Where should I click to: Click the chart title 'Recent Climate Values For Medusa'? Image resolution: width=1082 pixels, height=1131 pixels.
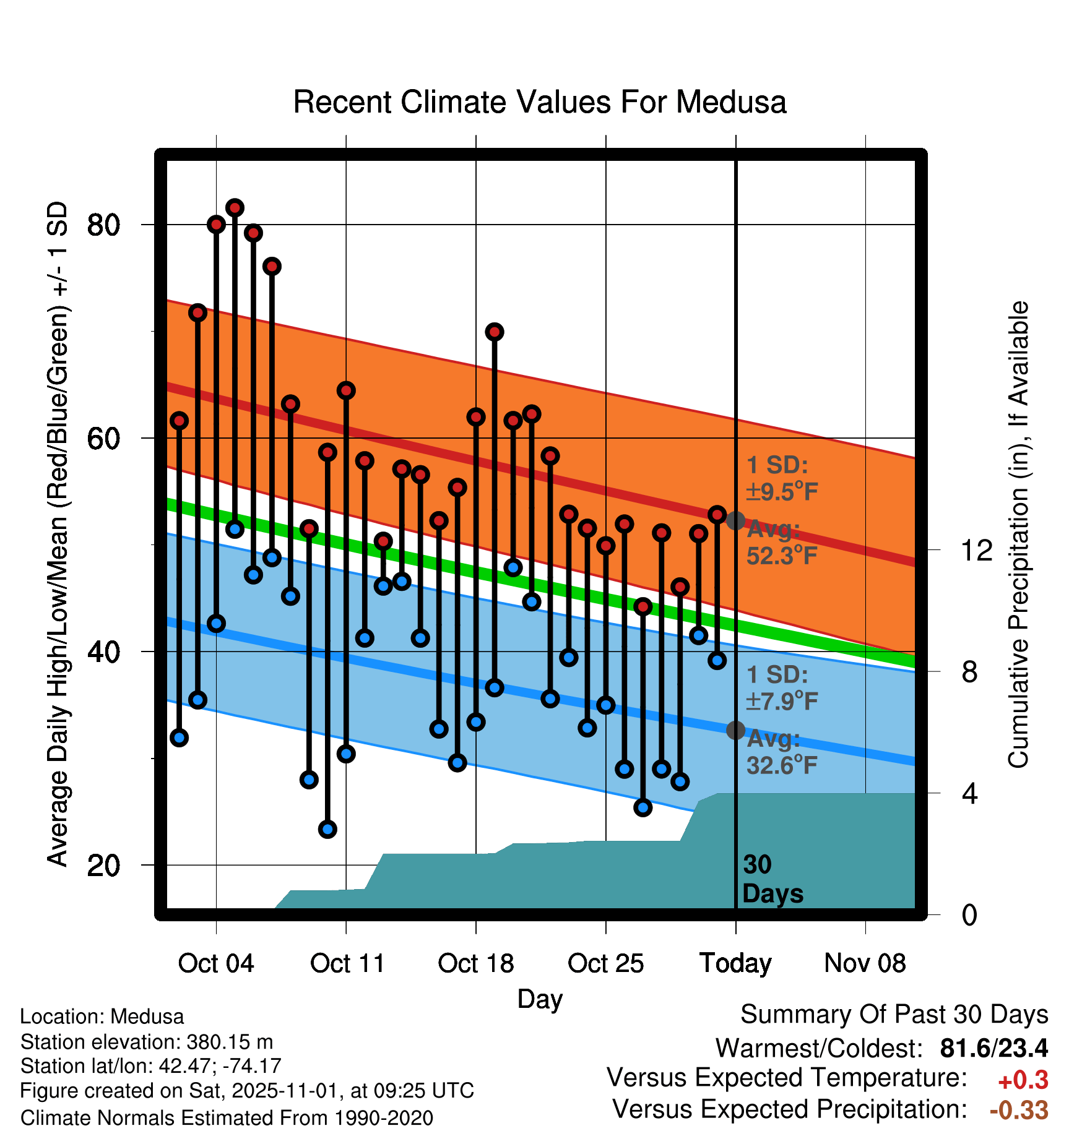540,103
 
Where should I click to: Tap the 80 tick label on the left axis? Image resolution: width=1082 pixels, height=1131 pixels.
103,225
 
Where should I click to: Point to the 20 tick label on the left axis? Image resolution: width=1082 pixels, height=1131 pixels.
103,866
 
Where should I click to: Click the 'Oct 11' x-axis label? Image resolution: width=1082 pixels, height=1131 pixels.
347,963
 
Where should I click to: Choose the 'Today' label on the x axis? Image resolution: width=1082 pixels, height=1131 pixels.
735,963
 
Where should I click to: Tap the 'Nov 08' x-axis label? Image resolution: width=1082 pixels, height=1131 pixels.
865,963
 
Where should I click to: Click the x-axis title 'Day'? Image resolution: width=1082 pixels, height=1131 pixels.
540,999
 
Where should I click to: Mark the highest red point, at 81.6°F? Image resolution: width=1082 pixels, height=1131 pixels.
235,208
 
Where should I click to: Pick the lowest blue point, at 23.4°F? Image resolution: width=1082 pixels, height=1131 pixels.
327,829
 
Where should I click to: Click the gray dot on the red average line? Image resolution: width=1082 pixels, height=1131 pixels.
735,521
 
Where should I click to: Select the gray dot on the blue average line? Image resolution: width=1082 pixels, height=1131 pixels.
735,731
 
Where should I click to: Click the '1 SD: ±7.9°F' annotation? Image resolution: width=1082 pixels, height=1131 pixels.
781,688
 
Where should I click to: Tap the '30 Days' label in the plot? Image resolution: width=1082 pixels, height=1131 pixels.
772,879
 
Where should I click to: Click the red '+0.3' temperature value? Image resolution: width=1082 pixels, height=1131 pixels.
1023,1080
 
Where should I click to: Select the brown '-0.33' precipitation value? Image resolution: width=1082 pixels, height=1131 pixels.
1019,1110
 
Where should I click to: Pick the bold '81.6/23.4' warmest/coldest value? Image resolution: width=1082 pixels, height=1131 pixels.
993,1048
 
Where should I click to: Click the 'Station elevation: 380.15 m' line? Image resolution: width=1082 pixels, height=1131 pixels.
147,1042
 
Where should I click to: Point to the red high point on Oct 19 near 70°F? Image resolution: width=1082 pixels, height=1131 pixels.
495,332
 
